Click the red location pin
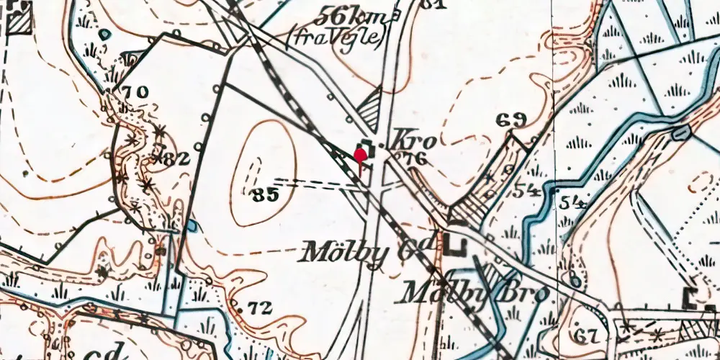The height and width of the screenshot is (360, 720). click(x=360, y=155)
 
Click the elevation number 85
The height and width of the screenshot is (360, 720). click(x=266, y=194)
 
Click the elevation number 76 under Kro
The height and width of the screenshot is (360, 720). click(x=415, y=159)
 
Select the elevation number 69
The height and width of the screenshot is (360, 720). click(x=511, y=120)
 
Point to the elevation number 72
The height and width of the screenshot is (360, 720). click(x=260, y=308)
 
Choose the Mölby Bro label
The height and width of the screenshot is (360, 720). click(x=474, y=292)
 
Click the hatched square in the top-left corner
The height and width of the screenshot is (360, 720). click(x=19, y=22)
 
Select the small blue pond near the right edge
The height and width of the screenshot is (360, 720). click(x=680, y=132)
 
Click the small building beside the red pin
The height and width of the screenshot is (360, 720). click(x=366, y=144)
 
